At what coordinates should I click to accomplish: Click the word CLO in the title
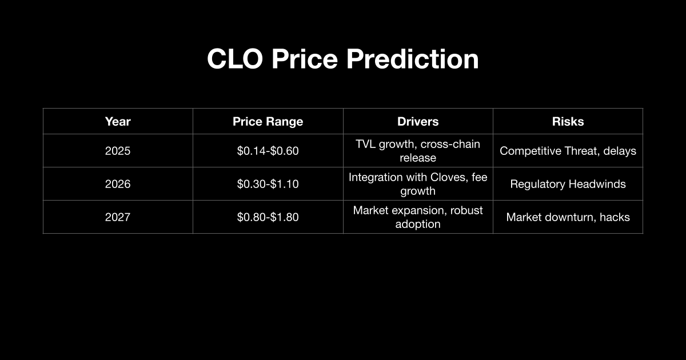235,59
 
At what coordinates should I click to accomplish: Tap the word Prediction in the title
412,59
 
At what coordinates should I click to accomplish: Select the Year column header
118,122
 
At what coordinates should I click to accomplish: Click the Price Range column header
268,122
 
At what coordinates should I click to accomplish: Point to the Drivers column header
418,122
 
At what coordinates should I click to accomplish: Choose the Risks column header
568,122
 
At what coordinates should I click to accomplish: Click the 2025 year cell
118,151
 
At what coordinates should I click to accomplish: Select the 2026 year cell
118,184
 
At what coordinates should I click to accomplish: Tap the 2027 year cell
118,217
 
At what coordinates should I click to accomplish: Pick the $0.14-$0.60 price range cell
268,151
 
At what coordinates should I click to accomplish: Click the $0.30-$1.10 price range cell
268,184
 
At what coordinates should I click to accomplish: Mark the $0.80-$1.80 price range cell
268,217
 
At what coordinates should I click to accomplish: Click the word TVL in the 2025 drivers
366,144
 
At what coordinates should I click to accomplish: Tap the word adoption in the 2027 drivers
418,224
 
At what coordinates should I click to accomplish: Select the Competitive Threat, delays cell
568,151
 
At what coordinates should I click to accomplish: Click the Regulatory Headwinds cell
568,184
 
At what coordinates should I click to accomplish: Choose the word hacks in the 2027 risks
615,217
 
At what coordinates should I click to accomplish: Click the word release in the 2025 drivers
418,158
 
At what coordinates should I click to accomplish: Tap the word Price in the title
304,59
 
